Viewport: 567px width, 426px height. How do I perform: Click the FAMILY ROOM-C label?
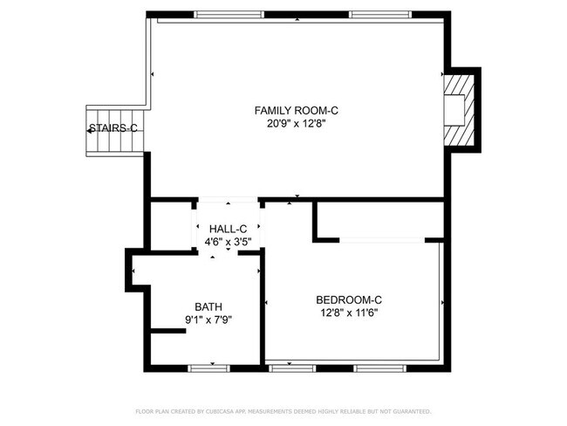point(296,110)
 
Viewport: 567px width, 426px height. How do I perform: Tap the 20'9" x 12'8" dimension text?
point(296,124)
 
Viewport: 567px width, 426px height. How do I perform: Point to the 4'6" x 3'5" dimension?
point(228,242)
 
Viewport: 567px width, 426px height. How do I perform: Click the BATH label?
point(208,306)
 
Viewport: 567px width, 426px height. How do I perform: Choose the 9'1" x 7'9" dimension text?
point(208,319)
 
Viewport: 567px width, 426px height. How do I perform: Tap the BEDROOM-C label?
point(348,299)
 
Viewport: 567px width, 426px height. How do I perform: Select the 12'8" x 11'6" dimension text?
point(348,313)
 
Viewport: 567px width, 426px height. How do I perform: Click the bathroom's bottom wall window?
point(209,368)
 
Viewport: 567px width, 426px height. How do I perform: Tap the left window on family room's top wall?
point(228,15)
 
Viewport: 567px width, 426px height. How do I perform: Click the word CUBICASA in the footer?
point(222,410)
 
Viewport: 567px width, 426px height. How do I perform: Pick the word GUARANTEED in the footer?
point(408,410)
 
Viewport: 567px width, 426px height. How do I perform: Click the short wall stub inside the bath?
point(168,330)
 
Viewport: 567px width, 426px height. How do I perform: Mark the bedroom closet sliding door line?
point(382,239)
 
